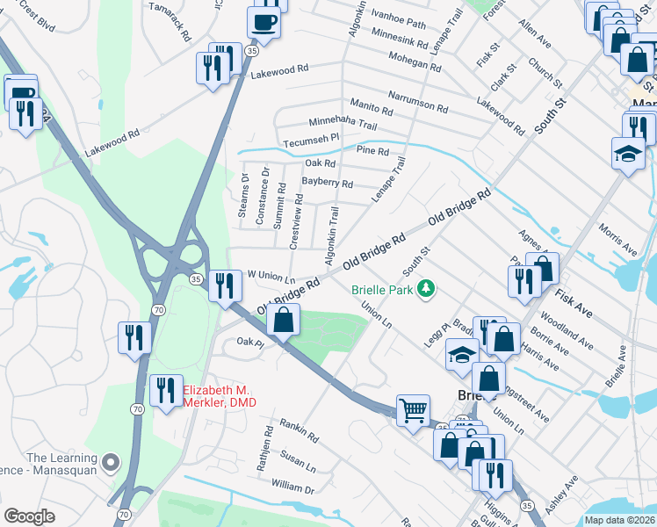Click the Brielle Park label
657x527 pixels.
383,289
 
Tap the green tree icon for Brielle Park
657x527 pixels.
426,288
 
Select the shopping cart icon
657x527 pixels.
413,409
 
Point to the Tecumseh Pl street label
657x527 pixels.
310,140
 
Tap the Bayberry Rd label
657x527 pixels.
327,184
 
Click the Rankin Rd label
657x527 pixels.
300,430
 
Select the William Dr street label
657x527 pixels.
292,486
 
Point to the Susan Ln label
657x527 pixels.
298,460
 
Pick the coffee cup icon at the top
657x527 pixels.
264,22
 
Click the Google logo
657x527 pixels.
29,516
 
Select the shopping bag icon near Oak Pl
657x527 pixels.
283,320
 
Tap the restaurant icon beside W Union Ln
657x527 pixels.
225,285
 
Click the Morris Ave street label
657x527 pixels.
617,243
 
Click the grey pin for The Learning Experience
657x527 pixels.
110,461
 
